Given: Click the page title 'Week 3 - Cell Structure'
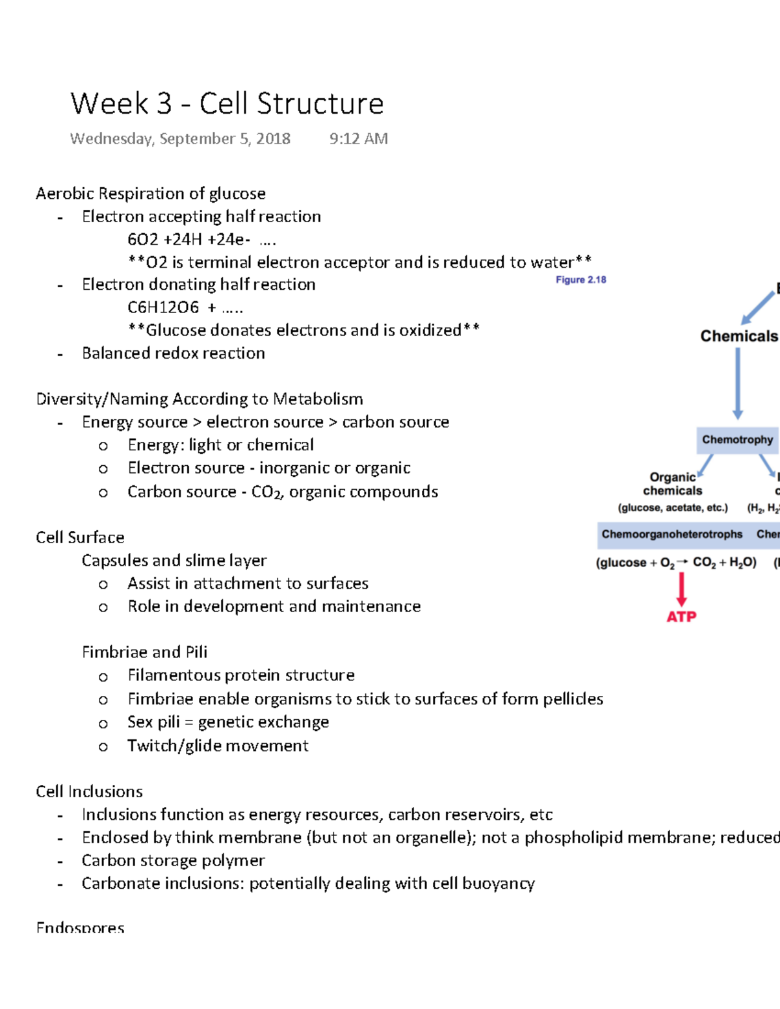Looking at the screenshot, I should click(x=227, y=104).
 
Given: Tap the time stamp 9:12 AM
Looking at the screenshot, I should click(x=358, y=139).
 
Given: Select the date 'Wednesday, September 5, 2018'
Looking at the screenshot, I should click(x=180, y=139).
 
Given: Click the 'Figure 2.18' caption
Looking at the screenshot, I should click(x=580, y=280).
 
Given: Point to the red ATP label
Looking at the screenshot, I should click(x=681, y=617).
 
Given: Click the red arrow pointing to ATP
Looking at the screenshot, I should click(x=681, y=589).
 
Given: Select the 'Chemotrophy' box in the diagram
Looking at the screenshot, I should click(x=737, y=440).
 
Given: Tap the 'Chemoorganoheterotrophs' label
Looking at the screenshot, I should click(x=671, y=534).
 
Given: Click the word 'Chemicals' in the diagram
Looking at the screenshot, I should click(x=739, y=336).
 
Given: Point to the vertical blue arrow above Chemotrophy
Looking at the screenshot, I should click(x=738, y=383).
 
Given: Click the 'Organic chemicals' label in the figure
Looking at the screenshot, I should click(x=673, y=484).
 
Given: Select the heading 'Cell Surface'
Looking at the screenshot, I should click(x=80, y=538).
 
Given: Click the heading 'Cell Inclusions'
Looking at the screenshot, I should click(x=89, y=791).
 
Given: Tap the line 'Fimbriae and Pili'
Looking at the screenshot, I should click(x=144, y=652).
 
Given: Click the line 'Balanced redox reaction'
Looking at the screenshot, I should click(x=173, y=353).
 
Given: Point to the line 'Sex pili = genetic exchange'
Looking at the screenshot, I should click(x=227, y=722).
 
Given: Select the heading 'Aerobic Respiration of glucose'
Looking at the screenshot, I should click(x=150, y=194).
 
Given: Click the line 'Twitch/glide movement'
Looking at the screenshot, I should click(x=218, y=746).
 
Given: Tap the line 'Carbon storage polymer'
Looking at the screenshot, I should click(x=173, y=861).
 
